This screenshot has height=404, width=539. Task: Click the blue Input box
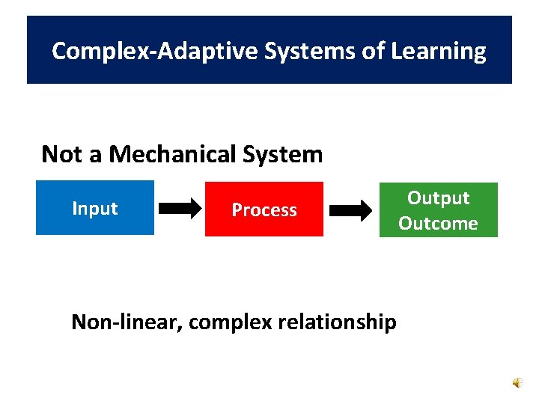95,208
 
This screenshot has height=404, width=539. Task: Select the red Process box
264,209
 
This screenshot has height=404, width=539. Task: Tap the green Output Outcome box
438,210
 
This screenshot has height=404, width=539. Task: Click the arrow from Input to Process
180,210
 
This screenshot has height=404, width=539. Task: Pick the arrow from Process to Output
350,211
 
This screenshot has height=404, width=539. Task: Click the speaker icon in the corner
518,382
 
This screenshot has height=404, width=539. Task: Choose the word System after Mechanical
283,155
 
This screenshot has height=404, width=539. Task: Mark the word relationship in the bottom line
338,322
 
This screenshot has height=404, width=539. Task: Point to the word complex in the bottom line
230,322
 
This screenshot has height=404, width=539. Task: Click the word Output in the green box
438,198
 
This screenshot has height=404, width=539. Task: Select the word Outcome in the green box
438,224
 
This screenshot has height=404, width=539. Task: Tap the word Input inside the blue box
95,209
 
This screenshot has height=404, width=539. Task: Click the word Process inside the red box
264,210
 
